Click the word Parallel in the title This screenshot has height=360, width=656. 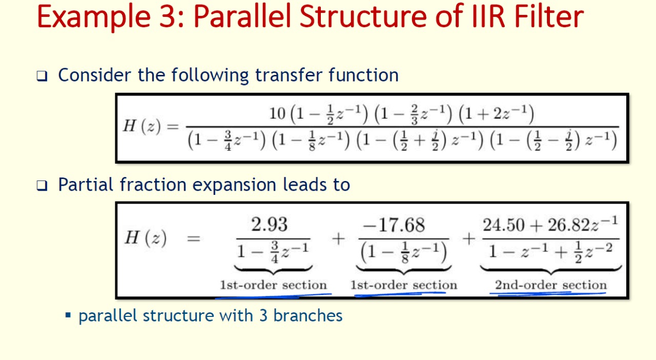(242, 17)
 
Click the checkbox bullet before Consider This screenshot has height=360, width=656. (42, 76)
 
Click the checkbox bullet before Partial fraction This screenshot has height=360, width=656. (42, 186)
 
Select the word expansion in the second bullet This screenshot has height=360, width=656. (234, 185)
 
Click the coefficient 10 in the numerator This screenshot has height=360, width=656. (277, 113)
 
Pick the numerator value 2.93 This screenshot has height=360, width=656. (269, 225)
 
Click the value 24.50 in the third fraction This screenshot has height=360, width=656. (503, 225)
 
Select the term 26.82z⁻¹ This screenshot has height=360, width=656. (583, 224)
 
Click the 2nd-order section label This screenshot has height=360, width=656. (550, 285)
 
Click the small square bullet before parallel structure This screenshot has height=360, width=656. (68, 316)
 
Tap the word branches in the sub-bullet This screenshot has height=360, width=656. (308, 316)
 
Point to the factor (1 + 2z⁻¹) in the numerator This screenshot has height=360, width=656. (496, 113)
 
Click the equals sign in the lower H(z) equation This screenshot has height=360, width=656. (194, 238)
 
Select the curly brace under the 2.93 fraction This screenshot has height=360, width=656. (273, 270)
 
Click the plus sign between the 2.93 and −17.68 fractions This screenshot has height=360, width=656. (338, 238)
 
